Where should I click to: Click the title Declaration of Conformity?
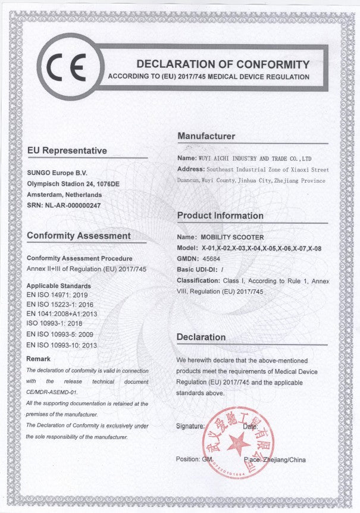pyautogui.click(x=223, y=64)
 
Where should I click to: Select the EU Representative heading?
pyautogui.click(x=67, y=151)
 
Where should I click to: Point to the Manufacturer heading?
pyautogui.click(x=206, y=137)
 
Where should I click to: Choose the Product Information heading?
pyautogui.click(x=220, y=215)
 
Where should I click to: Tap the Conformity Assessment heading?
pyautogui.click(x=79, y=236)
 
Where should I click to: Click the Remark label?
pyautogui.click(x=39, y=359)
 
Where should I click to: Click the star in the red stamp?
pyautogui.click(x=237, y=443)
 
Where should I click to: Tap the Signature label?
pyautogui.click(x=190, y=427)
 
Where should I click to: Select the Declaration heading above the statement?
pyautogui.click(x=201, y=337)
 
